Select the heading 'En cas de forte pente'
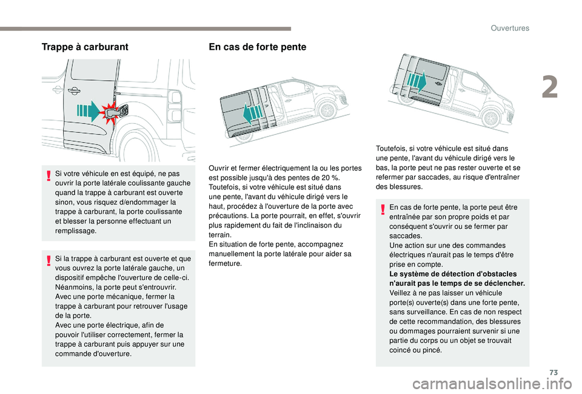click(x=257, y=47)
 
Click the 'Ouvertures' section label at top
click(x=510, y=28)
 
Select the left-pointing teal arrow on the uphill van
click(x=249, y=113)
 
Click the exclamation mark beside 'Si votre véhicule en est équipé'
click(x=48, y=176)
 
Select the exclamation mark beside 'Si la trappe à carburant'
click(x=48, y=262)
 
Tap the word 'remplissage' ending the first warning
click(x=73, y=231)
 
